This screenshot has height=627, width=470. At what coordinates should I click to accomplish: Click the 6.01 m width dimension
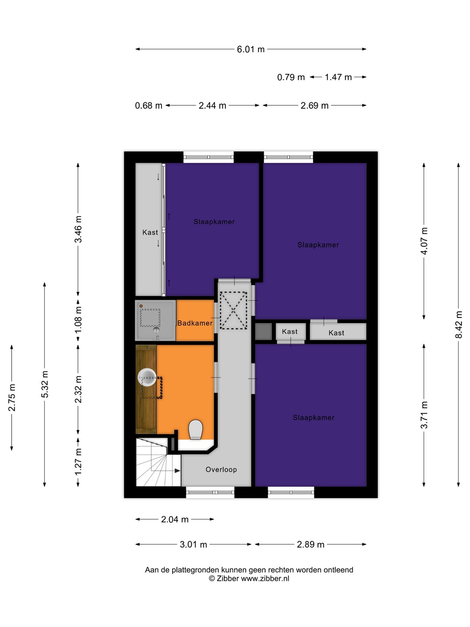[251, 49]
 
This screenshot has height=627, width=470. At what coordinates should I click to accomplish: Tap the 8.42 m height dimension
[458, 325]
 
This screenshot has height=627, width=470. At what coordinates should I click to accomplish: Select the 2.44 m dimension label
[212, 106]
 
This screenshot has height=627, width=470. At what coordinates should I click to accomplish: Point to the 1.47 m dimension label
[338, 77]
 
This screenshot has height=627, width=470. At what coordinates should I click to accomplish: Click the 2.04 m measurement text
[175, 519]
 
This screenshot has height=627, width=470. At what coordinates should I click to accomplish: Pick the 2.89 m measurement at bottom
[310, 544]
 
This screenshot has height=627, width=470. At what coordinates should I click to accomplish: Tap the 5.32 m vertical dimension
[45, 384]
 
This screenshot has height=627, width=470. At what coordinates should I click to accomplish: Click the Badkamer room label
[195, 323]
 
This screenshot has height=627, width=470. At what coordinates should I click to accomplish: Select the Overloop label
[221, 469]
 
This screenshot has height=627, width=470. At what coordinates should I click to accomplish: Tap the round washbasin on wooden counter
[147, 378]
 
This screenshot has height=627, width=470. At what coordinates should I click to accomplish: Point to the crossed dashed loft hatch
[233, 310]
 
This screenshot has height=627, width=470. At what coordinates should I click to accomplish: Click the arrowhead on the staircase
[178, 470]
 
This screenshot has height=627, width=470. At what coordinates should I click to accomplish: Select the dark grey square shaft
[263, 332]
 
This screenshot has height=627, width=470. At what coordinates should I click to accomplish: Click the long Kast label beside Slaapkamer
[150, 232]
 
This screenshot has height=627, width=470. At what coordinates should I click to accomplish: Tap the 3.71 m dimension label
[424, 415]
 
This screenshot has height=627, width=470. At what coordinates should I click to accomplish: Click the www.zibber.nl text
[265, 578]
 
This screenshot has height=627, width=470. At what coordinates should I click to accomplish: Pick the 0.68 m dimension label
[148, 106]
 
